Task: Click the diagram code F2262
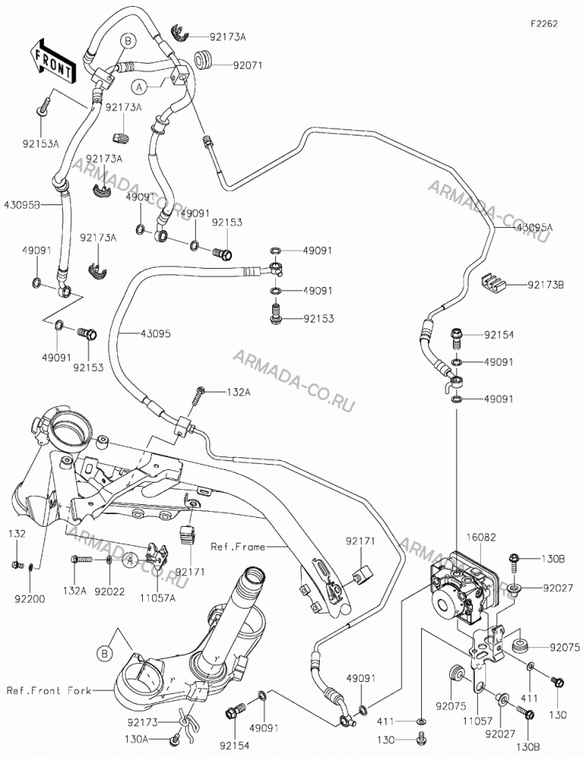[x=544, y=23]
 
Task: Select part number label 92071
[x=247, y=64]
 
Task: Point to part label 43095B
[x=21, y=204]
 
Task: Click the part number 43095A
[x=535, y=227]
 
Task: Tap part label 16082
[x=481, y=537]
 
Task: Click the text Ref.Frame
[x=237, y=547]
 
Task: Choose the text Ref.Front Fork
[x=48, y=690]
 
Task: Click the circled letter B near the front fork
[x=104, y=654]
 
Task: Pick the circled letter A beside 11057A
[x=129, y=561]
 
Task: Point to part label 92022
[x=110, y=591]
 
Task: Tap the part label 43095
[x=156, y=334]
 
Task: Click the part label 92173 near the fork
[x=143, y=722]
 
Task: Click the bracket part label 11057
[x=477, y=721]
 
